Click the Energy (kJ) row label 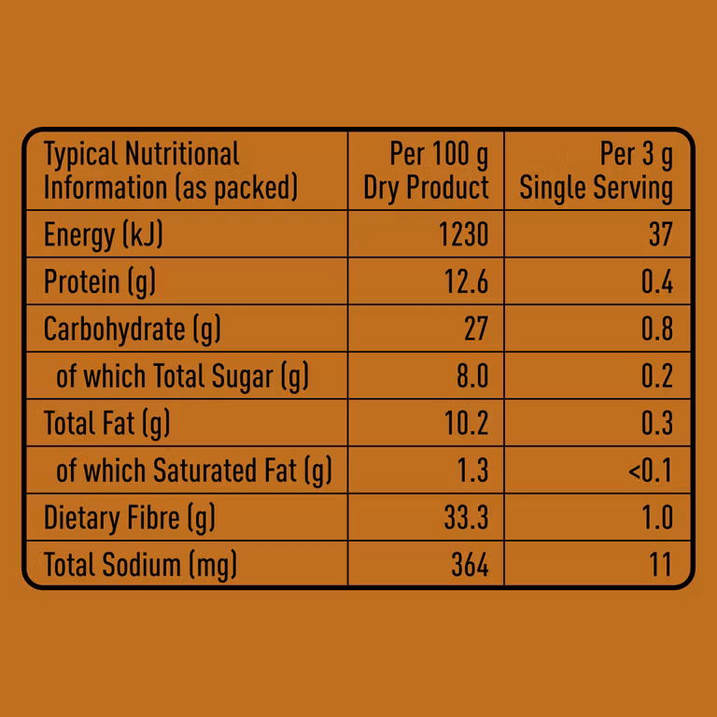click(x=104, y=234)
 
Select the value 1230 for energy click(x=464, y=234)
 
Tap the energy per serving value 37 click(x=660, y=234)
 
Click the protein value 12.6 click(x=465, y=282)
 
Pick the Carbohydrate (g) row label click(x=133, y=329)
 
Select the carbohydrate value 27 click(x=475, y=329)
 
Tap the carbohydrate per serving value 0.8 click(x=657, y=329)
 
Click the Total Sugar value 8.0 click(x=471, y=376)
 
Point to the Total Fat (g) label click(x=107, y=423)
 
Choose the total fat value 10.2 click(x=465, y=423)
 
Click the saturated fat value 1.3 click(x=473, y=471)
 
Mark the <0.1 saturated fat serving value click(x=650, y=471)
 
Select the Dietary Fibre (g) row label click(x=130, y=517)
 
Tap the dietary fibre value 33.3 click(x=466, y=517)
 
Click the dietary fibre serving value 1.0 click(x=658, y=517)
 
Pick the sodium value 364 click(x=468, y=565)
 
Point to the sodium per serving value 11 click(x=661, y=565)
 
